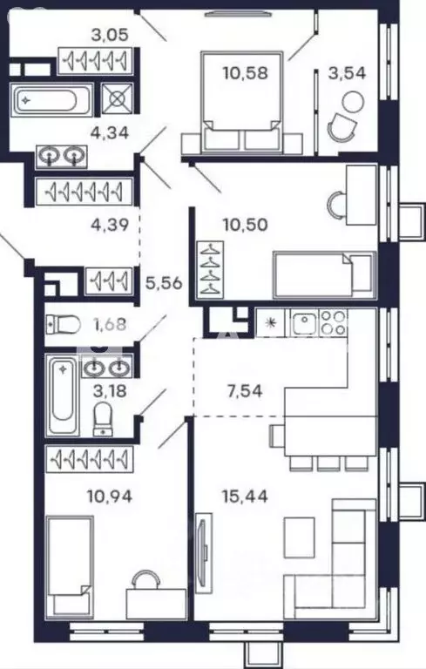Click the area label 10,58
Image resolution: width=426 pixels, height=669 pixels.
(246, 73)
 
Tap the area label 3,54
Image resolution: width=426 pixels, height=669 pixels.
(347, 73)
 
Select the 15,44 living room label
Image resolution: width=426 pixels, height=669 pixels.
(245, 496)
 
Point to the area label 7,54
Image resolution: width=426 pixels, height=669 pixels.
(245, 391)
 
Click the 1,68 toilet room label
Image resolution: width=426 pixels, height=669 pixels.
(110, 325)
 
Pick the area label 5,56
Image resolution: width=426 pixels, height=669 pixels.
(164, 282)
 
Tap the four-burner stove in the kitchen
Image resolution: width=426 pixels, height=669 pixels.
(333, 322)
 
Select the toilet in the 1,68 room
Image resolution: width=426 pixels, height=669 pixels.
(64, 325)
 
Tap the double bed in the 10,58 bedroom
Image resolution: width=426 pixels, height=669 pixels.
(241, 103)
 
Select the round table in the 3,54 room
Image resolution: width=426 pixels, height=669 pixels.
(354, 103)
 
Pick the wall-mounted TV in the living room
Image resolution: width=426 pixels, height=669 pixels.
(204, 553)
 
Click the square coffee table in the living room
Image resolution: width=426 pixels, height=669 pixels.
(299, 537)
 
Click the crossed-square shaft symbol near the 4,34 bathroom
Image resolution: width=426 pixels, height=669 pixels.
(117, 98)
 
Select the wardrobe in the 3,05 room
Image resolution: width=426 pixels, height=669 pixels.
(95, 61)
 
